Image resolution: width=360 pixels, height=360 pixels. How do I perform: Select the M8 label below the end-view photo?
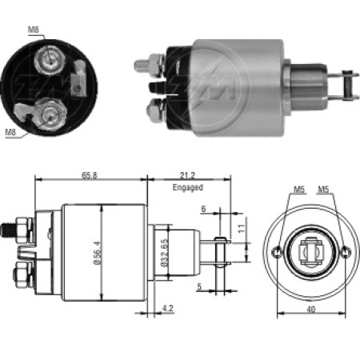pos(11,133)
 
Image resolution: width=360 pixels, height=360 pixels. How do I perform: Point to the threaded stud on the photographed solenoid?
pos(141,62)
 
